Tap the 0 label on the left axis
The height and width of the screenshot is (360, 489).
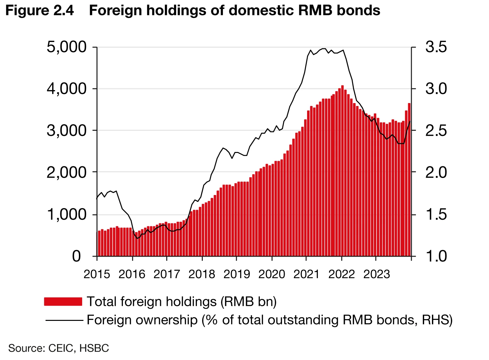click(x=76, y=257)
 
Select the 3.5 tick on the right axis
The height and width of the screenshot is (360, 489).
click(x=436, y=47)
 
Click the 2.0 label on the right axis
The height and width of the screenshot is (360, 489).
click(x=436, y=172)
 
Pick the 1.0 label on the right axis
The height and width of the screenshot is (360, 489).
click(x=436, y=257)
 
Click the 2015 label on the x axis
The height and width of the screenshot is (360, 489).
click(x=97, y=274)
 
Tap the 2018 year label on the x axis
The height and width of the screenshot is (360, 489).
click(x=202, y=274)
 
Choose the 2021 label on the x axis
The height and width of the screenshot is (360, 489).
click(x=306, y=274)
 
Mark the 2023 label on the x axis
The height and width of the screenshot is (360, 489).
click(x=377, y=274)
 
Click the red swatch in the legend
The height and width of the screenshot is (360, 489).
click(x=63, y=302)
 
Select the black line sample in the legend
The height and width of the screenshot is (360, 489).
click(x=64, y=320)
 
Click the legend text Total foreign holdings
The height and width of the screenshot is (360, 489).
click(x=152, y=302)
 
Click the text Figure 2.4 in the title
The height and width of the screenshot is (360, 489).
click(x=40, y=10)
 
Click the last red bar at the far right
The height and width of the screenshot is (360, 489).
click(x=409, y=180)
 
